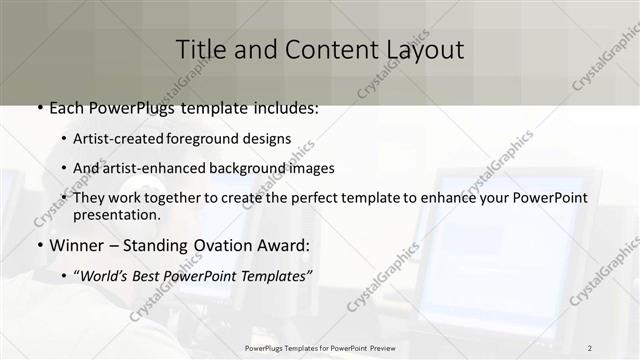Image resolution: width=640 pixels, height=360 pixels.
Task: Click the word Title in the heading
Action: tap(199, 49)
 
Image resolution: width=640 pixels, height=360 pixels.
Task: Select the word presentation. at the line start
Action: tap(117, 214)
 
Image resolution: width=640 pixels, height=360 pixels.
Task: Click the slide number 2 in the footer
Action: tap(590, 347)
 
